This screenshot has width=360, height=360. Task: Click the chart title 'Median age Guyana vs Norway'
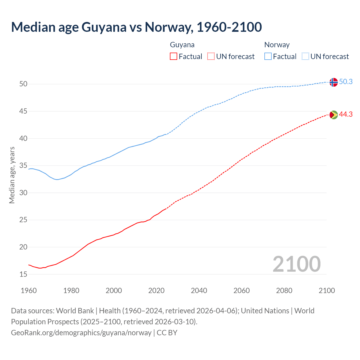136,27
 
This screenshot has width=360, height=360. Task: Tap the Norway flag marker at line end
333,82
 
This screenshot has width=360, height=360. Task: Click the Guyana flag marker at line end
333,115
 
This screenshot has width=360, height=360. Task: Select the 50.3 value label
346,82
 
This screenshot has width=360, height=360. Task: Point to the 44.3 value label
346,114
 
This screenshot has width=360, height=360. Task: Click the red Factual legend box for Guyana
174,57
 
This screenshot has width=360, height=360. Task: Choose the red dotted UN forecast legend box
211,57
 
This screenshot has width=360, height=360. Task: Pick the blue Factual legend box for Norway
268,57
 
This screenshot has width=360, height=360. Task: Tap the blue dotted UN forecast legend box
305,57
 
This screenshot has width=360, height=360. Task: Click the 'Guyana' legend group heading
182,45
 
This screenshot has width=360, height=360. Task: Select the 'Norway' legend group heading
277,45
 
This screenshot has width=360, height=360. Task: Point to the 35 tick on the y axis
23,166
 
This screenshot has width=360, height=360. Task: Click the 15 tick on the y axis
23,274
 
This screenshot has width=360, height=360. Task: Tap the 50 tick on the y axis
23,84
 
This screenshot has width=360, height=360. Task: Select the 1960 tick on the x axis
29,291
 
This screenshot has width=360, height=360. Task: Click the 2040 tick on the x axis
199,291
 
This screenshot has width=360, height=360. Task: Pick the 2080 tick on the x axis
284,291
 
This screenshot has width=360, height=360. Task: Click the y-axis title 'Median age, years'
12,175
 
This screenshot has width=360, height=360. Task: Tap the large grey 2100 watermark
296,264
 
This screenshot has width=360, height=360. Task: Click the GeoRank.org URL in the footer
81,333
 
